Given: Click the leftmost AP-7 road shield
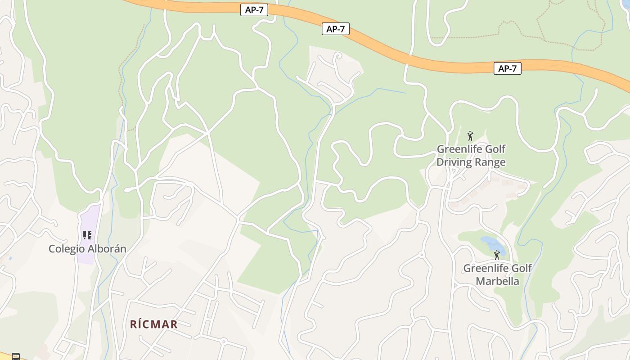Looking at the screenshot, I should click(x=254, y=10).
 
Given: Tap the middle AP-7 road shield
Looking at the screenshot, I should click(x=336, y=29).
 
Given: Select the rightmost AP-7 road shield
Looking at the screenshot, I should click(x=507, y=68).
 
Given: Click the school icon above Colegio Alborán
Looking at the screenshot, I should click(x=87, y=235).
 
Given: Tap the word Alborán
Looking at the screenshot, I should click(x=107, y=249).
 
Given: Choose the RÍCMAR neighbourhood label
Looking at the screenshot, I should click(x=154, y=324).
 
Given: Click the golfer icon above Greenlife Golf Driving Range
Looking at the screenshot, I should click(x=470, y=135).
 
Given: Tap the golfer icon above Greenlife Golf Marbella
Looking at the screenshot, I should click(x=497, y=255).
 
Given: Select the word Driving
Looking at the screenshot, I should click(x=454, y=162).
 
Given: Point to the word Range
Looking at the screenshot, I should click(x=490, y=162).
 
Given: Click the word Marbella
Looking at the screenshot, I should click(x=498, y=281).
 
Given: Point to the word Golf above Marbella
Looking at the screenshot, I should click(x=522, y=268).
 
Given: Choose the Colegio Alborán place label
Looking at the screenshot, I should click(x=87, y=249).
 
